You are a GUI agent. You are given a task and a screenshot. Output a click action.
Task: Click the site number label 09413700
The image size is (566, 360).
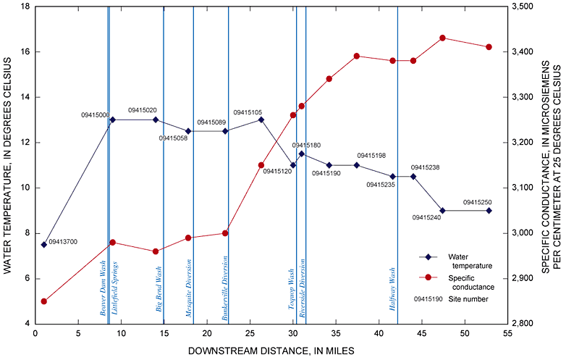(x=63, y=241)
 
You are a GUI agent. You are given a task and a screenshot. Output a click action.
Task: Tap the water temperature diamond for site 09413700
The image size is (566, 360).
(x=44, y=244)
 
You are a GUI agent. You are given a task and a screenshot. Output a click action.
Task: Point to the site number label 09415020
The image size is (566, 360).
(x=143, y=110)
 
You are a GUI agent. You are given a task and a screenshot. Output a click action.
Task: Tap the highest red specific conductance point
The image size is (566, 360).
(x=442, y=38)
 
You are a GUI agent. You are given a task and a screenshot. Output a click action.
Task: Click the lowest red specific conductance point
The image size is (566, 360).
(x=44, y=301)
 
